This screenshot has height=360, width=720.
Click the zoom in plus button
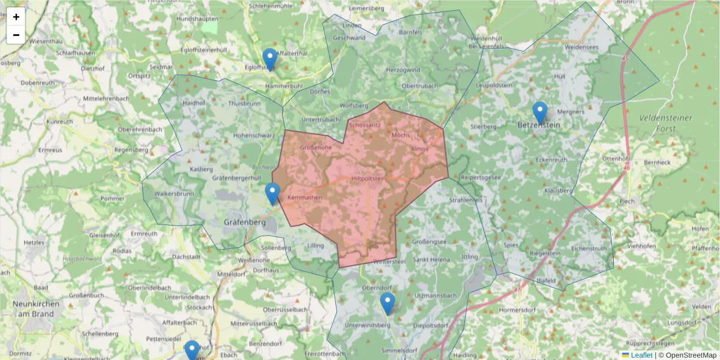[x=16, y=17]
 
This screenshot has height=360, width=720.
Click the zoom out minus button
[x=16, y=35]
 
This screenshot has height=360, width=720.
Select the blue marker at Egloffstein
[x=270, y=59]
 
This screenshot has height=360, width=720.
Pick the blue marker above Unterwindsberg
[x=388, y=303]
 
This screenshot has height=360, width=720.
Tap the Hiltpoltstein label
[x=368, y=178]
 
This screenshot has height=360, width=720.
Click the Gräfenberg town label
[x=244, y=222]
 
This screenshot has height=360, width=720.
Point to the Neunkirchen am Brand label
[x=36, y=309]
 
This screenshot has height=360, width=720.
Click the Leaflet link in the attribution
[x=641, y=355]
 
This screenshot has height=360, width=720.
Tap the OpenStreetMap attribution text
[x=691, y=355]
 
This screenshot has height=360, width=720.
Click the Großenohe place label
[x=316, y=148]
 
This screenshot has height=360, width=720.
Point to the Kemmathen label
[x=305, y=197]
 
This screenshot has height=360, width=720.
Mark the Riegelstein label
[x=545, y=254]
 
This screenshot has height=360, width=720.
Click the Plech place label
[x=627, y=202]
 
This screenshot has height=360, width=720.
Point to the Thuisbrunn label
[x=244, y=103]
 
